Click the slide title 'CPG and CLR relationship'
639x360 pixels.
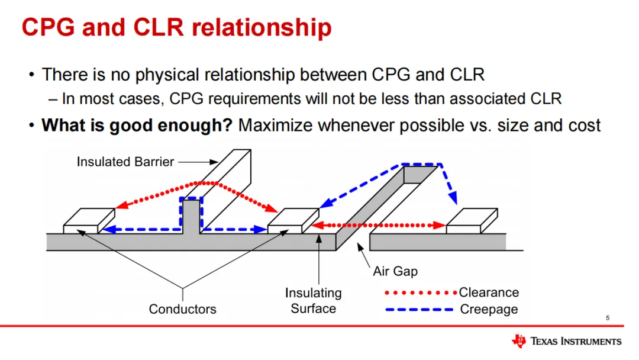176,28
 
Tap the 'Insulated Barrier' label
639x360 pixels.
125,162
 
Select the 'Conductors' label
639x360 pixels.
182,308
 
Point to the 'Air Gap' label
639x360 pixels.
395,271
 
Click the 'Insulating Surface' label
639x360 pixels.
314,301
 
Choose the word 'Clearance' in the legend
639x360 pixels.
489,292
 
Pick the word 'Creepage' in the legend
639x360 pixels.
489,309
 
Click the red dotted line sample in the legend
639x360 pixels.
420,292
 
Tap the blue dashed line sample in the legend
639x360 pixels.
420,309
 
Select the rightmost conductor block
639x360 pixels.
472,221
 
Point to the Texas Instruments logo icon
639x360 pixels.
519,341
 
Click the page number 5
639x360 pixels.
608,319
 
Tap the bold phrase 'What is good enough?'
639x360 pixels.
137,126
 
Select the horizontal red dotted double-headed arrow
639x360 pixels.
379,225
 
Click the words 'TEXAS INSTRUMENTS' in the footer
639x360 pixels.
576,342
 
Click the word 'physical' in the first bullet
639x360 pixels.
168,75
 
